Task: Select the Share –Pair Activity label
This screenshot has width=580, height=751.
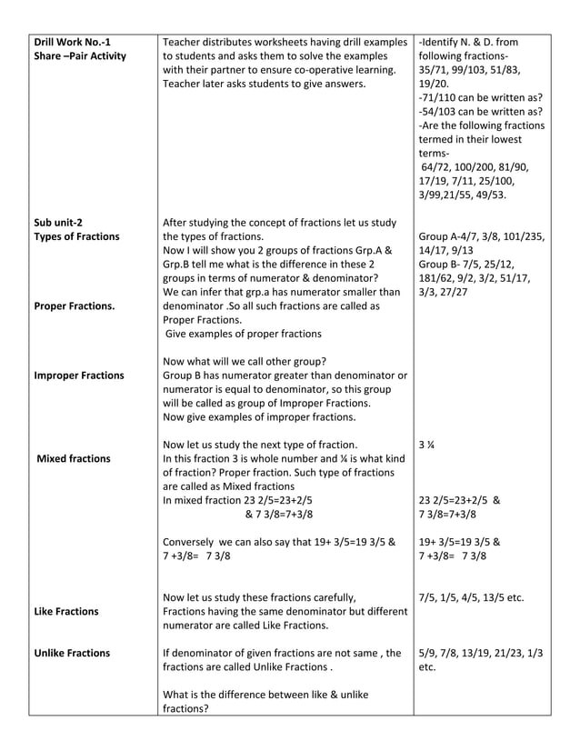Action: pyautogui.click(x=79, y=56)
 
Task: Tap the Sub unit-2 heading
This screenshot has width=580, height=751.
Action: pyautogui.click(x=60, y=221)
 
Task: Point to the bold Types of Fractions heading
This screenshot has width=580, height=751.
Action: pyautogui.click(x=76, y=236)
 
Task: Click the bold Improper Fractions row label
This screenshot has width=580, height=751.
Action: pyautogui.click(x=79, y=375)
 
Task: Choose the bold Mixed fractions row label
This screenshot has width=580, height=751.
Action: pyautogui.click(x=74, y=458)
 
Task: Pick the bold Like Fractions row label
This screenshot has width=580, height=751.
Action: pyautogui.click(x=66, y=611)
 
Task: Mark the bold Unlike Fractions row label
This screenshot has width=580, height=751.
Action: pyautogui.click(x=72, y=653)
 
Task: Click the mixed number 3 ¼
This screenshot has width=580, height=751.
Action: pyautogui.click(x=425, y=445)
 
